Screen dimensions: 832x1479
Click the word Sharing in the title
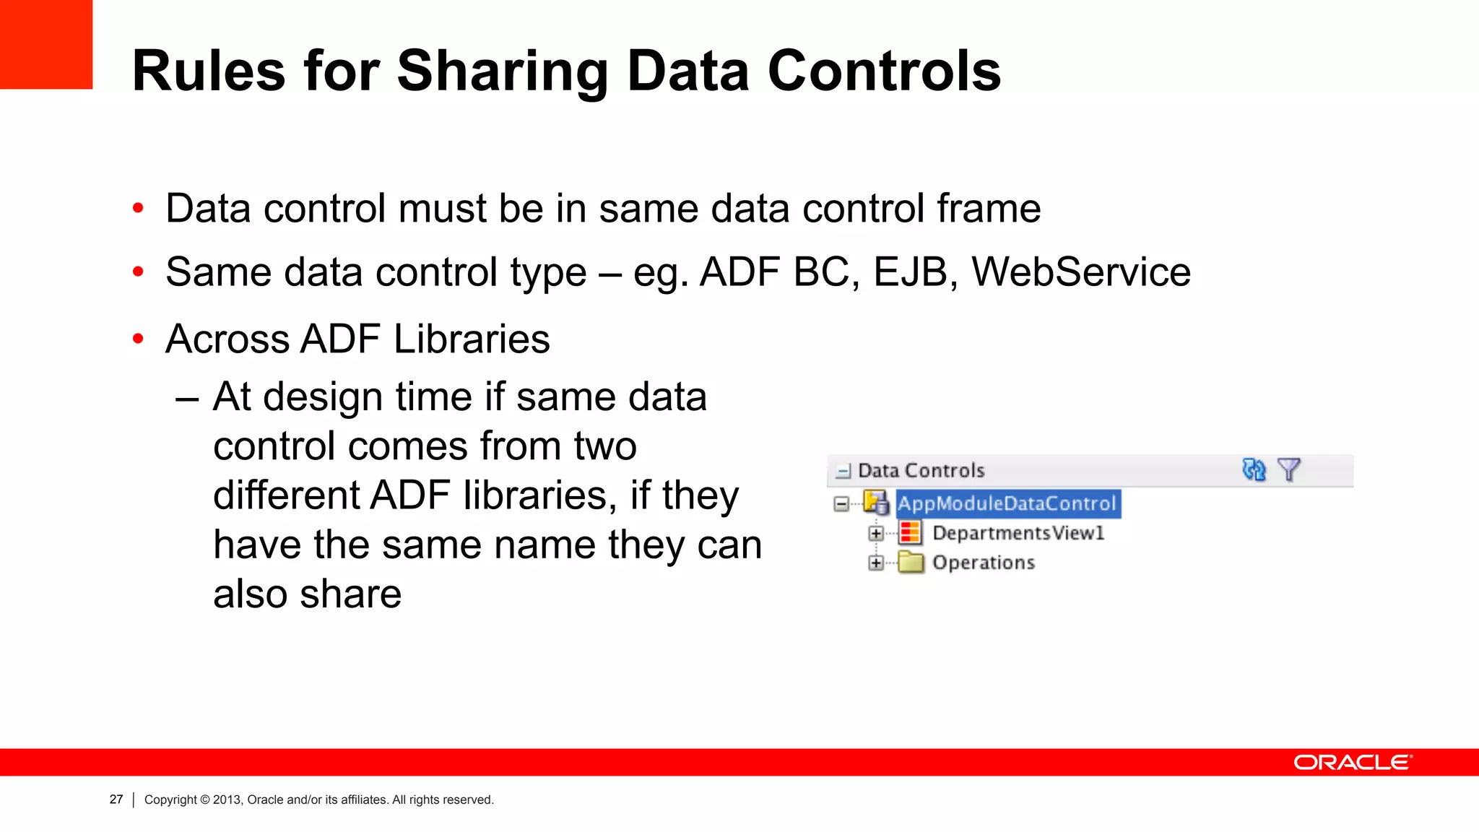(503, 71)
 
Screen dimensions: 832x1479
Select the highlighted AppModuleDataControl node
(1007, 503)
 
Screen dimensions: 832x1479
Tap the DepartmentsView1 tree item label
(1018, 533)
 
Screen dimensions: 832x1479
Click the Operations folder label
(983, 563)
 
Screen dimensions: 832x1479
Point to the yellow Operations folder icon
(911, 563)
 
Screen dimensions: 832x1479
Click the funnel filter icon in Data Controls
(1288, 470)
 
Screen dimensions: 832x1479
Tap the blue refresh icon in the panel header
(1254, 470)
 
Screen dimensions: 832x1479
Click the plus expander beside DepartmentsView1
(876, 534)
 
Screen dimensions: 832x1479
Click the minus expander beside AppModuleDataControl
(841, 504)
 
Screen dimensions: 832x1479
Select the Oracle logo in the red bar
(1353, 763)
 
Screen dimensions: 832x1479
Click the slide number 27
(116, 799)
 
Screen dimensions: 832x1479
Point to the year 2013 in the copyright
(227, 799)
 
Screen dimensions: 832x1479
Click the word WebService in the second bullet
(1080, 272)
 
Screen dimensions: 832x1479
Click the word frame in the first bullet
(989, 209)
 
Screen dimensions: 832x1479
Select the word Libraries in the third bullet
(472, 339)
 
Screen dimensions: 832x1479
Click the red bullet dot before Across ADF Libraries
(139, 339)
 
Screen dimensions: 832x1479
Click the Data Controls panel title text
(921, 471)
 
